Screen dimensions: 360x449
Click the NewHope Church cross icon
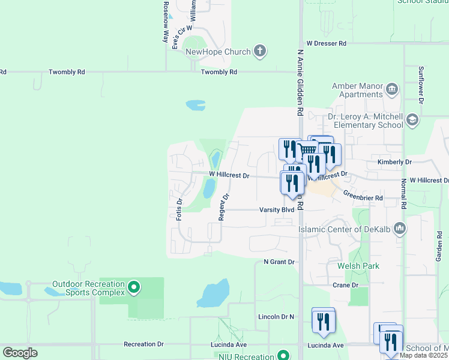(x=259, y=52)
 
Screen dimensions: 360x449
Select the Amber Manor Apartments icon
(x=392, y=90)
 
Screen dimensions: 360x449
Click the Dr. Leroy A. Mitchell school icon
(x=412, y=121)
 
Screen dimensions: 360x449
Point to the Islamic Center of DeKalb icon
(x=400, y=229)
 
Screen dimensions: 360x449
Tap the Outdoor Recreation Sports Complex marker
(x=134, y=288)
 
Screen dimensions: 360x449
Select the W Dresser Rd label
(x=327, y=44)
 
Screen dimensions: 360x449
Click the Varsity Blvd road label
(x=276, y=210)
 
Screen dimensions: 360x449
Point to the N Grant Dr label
(x=279, y=262)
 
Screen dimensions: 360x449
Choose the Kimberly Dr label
(x=394, y=162)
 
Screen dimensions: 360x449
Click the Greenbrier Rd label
(x=363, y=194)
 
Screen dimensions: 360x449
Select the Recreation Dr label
(x=143, y=344)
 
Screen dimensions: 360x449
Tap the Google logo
(x=20, y=353)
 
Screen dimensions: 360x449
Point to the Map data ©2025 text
(x=424, y=355)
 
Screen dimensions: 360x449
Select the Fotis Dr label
(x=179, y=209)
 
